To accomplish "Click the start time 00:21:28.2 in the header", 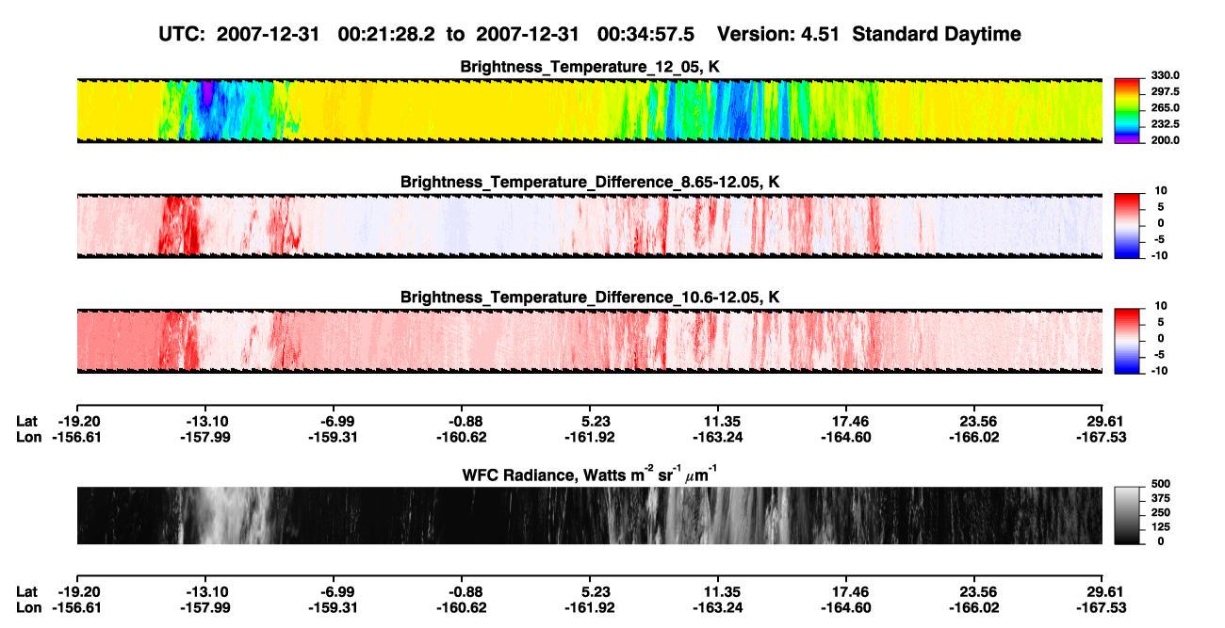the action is tap(386, 34).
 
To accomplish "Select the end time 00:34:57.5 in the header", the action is tap(645, 34).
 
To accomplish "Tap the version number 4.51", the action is tap(816, 34).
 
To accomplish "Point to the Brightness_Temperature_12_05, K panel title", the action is tap(590, 67).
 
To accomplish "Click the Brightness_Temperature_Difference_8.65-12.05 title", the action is tap(590, 182).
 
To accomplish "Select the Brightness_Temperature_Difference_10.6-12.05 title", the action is tap(590, 298).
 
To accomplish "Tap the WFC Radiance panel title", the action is tap(590, 475).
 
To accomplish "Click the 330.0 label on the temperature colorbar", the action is tap(1165, 75).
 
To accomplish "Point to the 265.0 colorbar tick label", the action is tap(1165, 107).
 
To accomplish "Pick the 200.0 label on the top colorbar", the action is tap(1165, 140).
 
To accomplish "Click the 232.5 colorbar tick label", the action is tap(1165, 124).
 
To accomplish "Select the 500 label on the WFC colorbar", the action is tap(1160, 484).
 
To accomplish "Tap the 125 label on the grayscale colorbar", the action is tap(1160, 527).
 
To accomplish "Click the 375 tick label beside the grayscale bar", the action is tap(1160, 498).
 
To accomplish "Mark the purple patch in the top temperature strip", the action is tap(208, 93).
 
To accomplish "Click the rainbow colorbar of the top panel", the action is tap(1127, 111).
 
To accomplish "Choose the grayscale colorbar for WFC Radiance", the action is tap(1127, 515).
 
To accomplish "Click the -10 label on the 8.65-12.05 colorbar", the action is tap(1158, 255).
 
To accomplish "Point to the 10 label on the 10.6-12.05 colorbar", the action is tap(1161, 306).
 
